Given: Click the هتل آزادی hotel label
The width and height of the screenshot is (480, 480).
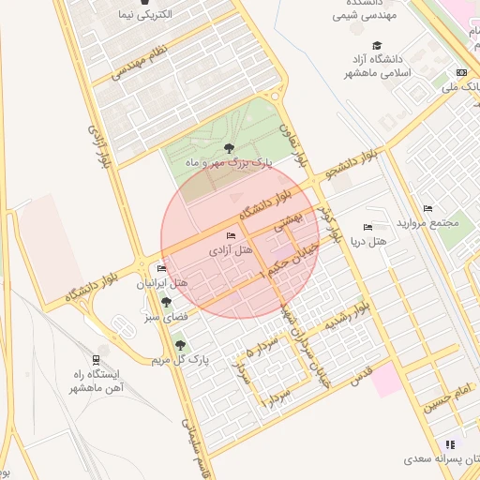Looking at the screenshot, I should pyautogui.click(x=231, y=250).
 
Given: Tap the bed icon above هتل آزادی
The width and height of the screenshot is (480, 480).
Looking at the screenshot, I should pyautogui.click(x=232, y=234).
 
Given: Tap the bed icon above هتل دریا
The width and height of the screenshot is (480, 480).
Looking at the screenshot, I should pyautogui.click(x=367, y=227).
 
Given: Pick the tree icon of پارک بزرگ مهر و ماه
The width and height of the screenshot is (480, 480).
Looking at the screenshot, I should pyautogui.click(x=230, y=147).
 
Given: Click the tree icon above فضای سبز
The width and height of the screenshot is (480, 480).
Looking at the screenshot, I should pyautogui.click(x=166, y=302).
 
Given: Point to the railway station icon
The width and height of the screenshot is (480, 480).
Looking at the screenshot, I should pyautogui.click(x=97, y=360).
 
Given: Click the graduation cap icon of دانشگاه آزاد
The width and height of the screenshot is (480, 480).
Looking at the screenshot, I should pyautogui.click(x=377, y=45).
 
